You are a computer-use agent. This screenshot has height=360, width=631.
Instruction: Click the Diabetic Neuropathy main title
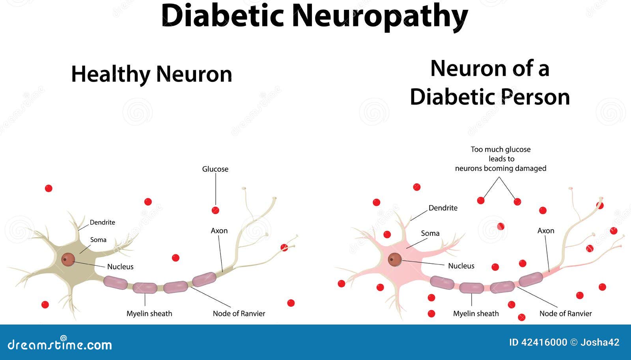[x=314, y=16]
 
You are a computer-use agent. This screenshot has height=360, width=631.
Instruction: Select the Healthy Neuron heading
[x=151, y=74]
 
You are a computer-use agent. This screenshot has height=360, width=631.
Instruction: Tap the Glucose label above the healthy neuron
[x=215, y=169]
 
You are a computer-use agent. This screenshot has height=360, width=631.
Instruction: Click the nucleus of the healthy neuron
[x=68, y=259]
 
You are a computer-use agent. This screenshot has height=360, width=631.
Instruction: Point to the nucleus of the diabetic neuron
[x=395, y=259]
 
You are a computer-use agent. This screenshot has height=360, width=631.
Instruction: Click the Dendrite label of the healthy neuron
[x=102, y=222]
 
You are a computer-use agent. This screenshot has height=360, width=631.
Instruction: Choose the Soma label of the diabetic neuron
[x=430, y=233]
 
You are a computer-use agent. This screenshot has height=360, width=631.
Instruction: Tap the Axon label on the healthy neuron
[x=219, y=231]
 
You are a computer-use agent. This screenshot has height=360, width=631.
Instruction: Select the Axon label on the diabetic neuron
[x=546, y=231]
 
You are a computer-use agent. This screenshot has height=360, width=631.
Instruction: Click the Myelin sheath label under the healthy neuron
[x=149, y=314]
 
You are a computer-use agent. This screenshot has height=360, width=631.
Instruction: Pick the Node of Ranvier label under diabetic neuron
[x=566, y=314]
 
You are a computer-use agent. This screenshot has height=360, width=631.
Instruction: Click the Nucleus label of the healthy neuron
[x=120, y=267]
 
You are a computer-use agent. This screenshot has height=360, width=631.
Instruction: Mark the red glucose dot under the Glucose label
[x=215, y=210]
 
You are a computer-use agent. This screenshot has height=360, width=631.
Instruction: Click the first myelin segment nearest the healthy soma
[x=115, y=282]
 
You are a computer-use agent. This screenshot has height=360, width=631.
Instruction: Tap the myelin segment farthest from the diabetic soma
[x=531, y=279]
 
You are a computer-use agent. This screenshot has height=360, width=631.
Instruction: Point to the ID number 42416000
[x=544, y=342]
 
